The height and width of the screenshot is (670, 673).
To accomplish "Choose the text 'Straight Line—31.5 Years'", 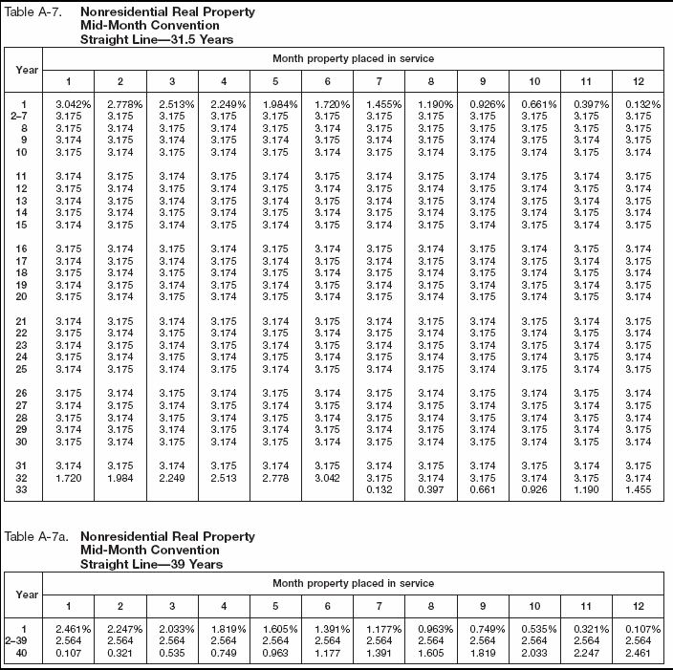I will tap(157, 40).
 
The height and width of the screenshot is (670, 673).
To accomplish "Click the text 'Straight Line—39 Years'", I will tap(151, 564).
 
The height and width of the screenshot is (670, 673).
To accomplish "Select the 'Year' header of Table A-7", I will tap(27, 69).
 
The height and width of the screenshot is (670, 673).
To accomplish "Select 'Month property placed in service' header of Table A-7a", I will tap(353, 583).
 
